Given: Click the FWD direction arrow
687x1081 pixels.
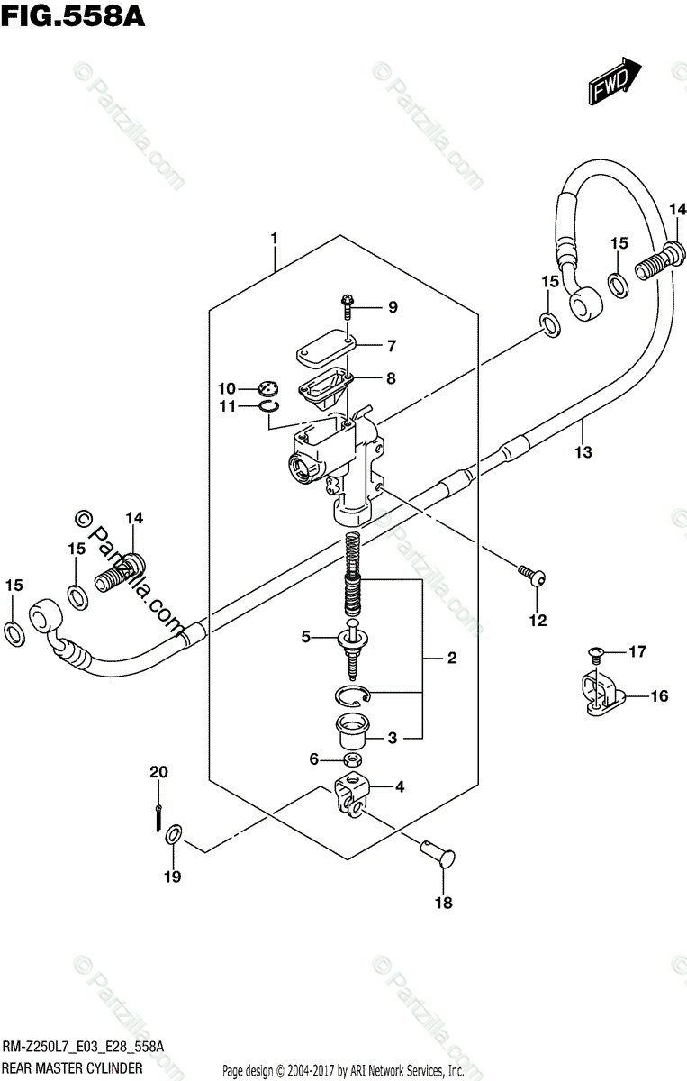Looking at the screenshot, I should coord(615,80).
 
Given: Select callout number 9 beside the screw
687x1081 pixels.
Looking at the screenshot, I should coord(392,307).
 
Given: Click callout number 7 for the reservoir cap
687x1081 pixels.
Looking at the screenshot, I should coord(391,345).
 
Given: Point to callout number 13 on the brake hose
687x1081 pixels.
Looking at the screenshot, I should coord(583,451).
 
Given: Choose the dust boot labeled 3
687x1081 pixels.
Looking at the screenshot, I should coord(351,731).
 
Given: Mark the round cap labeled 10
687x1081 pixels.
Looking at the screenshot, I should coord(267,388).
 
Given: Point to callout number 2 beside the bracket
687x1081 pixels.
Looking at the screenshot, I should coord(451,658).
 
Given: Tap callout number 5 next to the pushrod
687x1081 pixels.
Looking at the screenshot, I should coord(305,637).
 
